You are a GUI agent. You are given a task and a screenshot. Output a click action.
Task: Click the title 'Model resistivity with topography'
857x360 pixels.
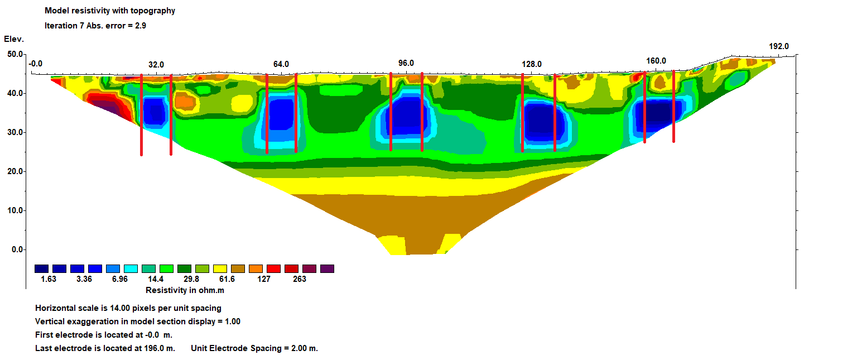[x=110, y=11]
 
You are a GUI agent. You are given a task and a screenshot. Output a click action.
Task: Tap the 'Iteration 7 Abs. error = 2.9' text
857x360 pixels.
[x=95, y=26]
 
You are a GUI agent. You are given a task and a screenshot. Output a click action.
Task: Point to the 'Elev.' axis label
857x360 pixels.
[x=14, y=39]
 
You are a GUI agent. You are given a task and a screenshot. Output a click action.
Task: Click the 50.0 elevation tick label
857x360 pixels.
[x=15, y=54]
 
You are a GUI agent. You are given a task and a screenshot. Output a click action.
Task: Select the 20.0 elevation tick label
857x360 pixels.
[x=15, y=171]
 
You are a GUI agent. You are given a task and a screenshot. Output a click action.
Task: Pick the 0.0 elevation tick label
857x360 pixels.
[x=18, y=249]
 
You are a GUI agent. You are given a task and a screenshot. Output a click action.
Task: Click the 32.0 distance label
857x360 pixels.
[x=156, y=65]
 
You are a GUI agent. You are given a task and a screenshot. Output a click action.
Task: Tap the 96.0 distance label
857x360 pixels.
[x=406, y=63]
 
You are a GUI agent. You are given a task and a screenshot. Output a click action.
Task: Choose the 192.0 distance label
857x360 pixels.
[x=779, y=46]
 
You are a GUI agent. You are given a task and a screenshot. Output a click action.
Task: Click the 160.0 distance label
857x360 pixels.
[x=656, y=61]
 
